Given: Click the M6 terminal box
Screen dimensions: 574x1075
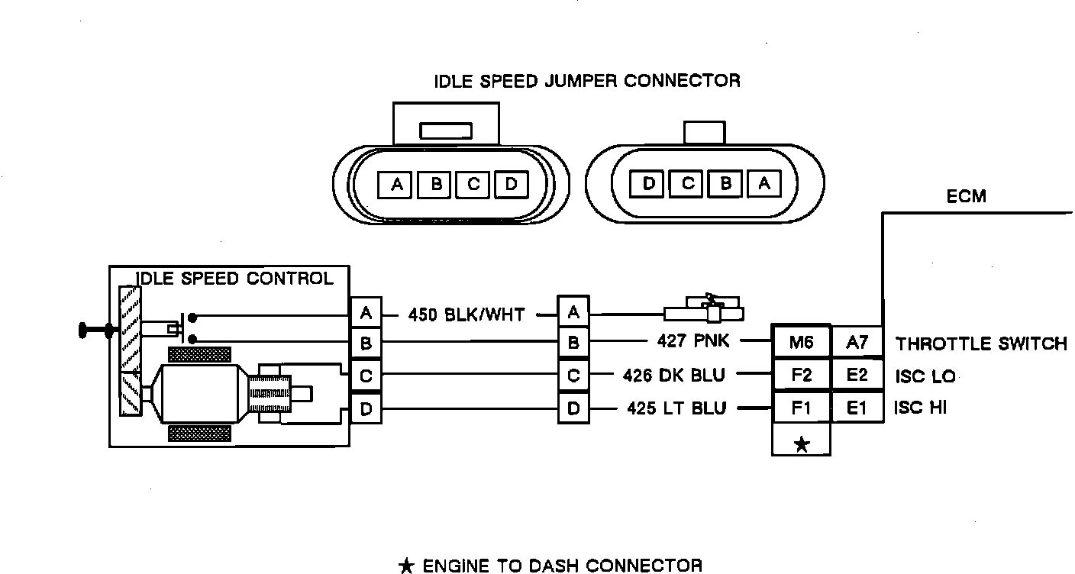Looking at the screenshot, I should tap(801, 343).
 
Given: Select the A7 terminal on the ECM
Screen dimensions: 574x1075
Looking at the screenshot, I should tap(857, 343).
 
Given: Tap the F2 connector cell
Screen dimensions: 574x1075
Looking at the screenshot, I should tap(801, 376).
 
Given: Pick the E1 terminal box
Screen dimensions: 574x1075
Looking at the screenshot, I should tap(857, 408).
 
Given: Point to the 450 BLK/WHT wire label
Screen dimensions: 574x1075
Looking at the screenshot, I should tap(466, 314).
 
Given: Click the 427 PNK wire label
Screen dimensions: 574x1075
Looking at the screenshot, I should tap(693, 342).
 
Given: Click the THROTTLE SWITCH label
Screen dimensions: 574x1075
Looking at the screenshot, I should tap(981, 343).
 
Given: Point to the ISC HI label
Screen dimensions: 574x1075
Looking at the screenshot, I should tap(920, 408).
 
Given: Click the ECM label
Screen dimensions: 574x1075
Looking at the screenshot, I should tap(966, 197).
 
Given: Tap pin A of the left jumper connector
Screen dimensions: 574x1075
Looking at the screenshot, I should tap(397, 184).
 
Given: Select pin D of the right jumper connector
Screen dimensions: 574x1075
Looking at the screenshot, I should tap(649, 184).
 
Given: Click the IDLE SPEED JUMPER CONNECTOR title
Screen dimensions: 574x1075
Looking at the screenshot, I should tap(587, 81).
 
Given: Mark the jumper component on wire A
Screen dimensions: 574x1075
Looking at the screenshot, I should tap(705, 311).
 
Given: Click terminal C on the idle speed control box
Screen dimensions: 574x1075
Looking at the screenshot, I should tap(366, 376).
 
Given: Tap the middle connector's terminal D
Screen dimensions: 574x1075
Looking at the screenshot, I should tap(573, 409).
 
